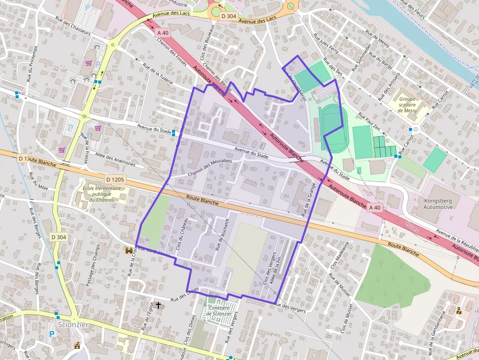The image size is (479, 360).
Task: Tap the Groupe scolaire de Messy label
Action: (x=407, y=105)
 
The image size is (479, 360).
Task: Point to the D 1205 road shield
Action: (x=114, y=180)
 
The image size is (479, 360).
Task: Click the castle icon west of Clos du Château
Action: (x=130, y=251)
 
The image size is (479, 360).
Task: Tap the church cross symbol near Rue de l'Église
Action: (x=158, y=305)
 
